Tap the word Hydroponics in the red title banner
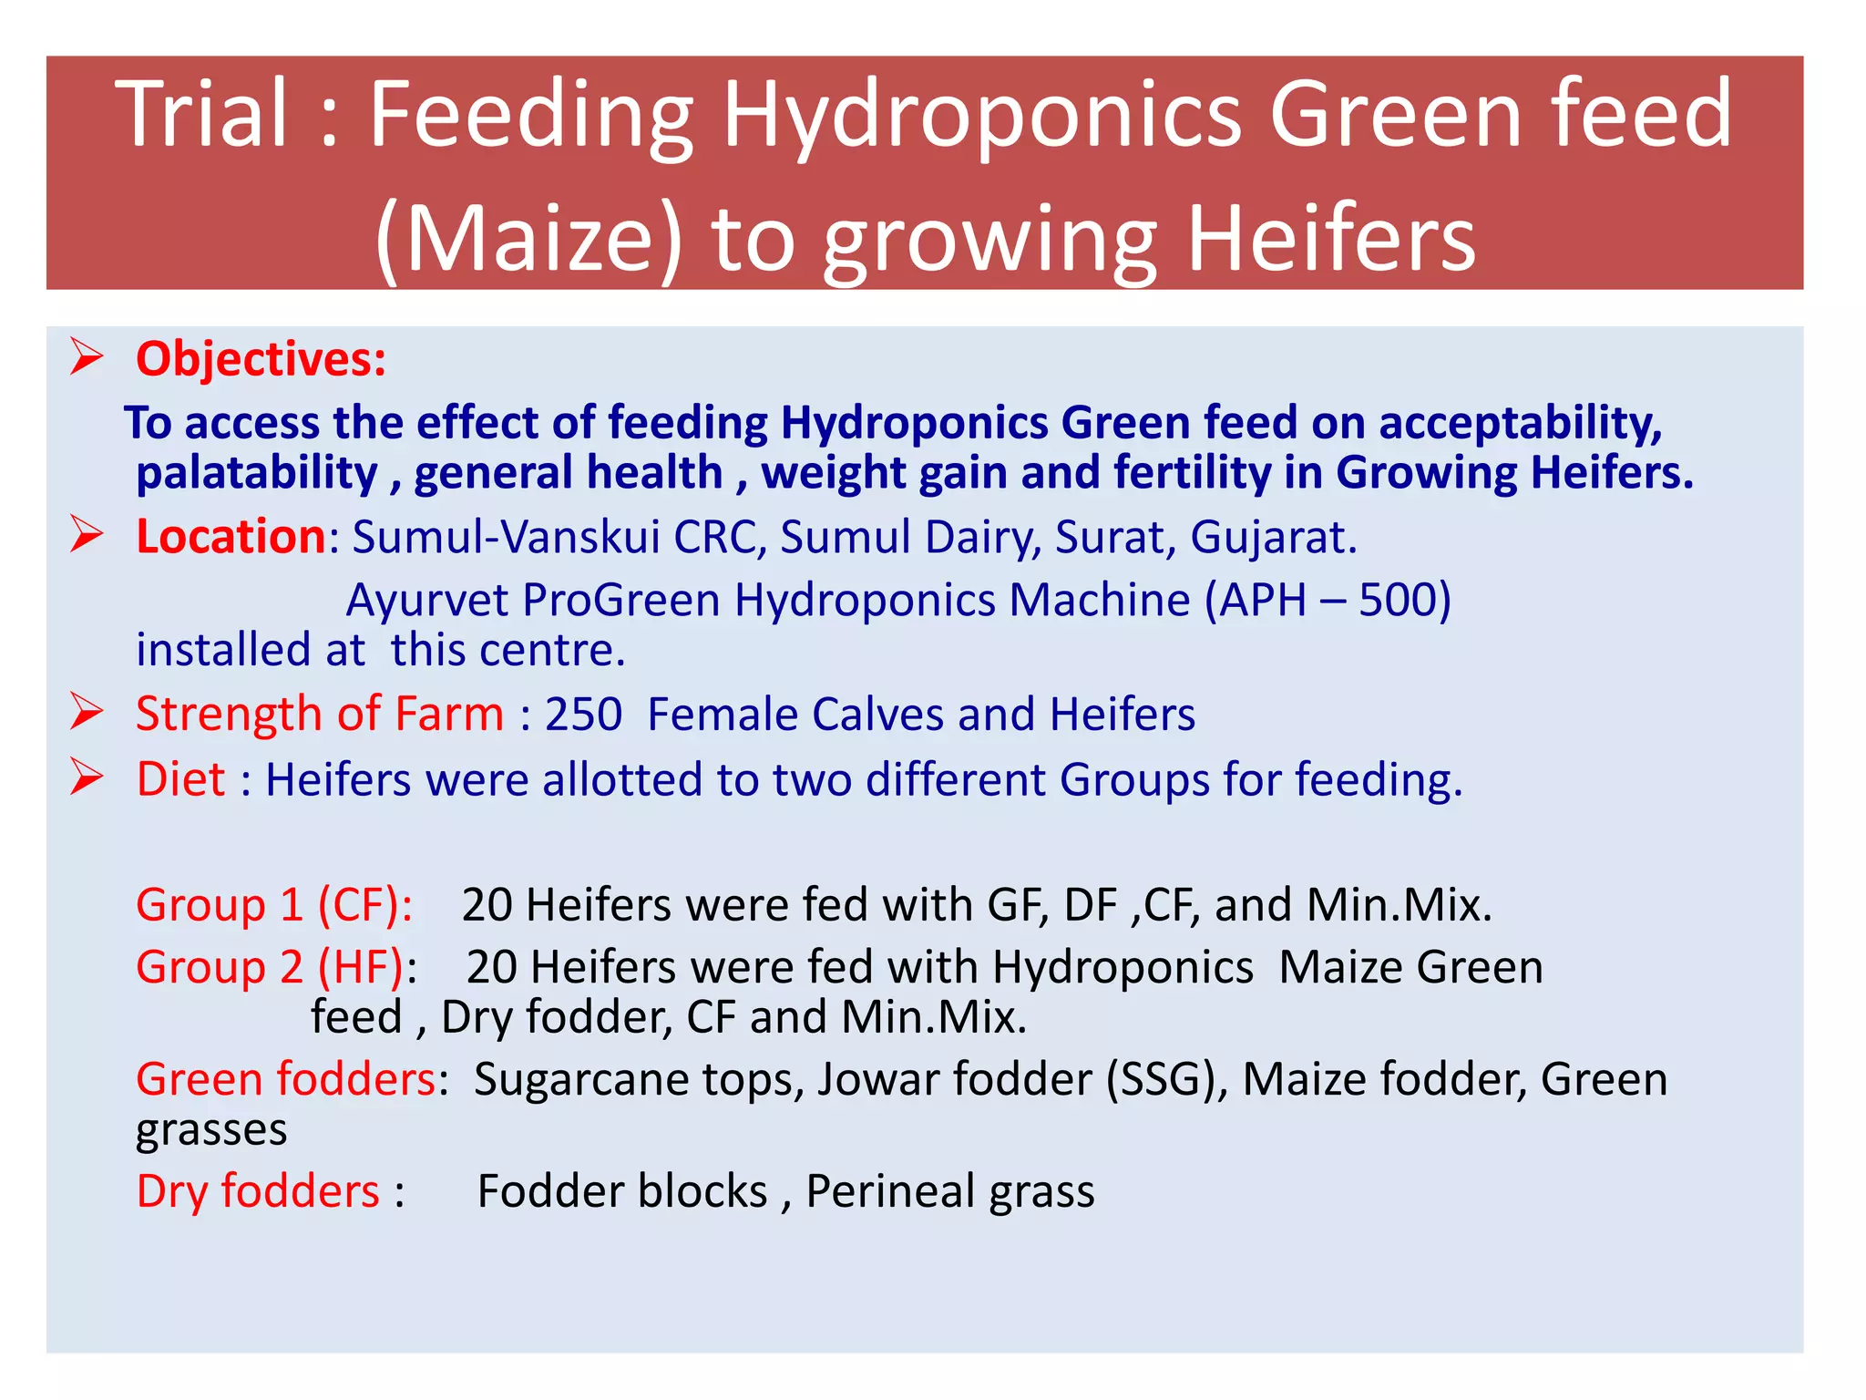982,117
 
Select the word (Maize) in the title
528,240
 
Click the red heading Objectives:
261,359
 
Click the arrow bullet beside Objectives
87,356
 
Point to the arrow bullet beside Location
87,534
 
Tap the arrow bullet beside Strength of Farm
87,712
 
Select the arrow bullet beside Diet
87,777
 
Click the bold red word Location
231,536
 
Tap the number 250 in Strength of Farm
583,714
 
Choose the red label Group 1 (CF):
274,905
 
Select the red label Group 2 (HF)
270,967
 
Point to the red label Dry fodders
258,1191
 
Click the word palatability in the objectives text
256,473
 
